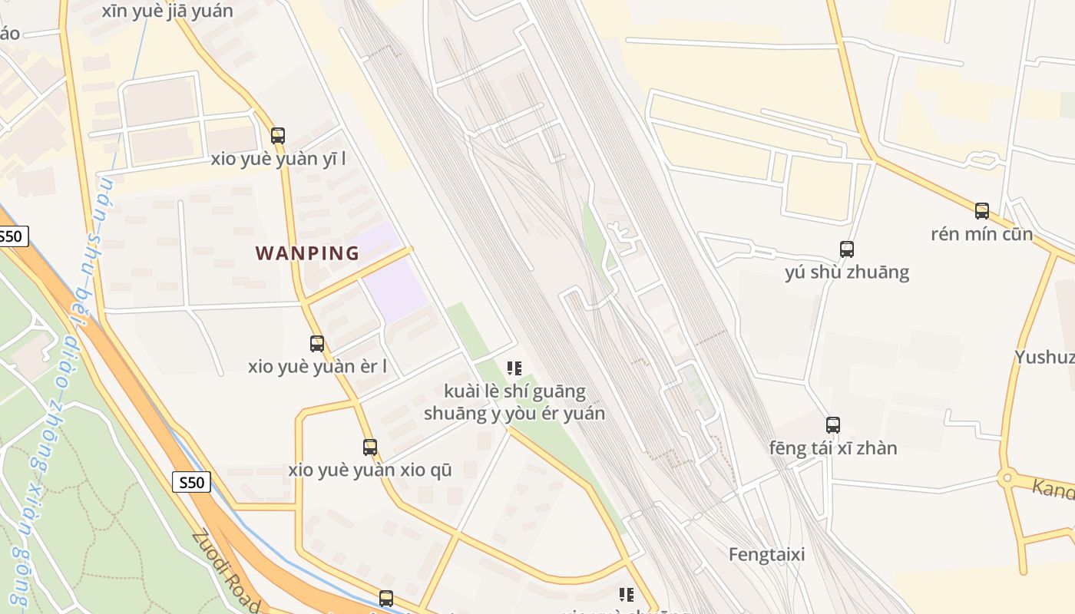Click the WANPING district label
(307, 253)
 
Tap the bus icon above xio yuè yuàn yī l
(278, 136)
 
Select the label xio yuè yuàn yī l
(278, 159)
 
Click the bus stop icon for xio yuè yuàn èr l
(317, 344)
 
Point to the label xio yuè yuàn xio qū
(370, 470)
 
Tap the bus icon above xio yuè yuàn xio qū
(370, 447)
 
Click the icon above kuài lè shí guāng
(514, 368)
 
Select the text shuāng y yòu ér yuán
(514, 413)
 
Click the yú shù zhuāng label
(847, 272)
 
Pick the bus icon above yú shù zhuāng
(847, 249)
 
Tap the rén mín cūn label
(981, 233)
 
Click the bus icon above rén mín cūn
(982, 211)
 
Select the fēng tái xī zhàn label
(833, 447)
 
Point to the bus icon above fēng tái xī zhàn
(833, 424)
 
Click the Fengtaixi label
(766, 554)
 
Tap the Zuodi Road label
(226, 572)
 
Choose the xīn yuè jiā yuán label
(167, 11)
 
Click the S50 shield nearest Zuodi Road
(191, 482)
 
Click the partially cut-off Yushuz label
(1044, 357)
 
